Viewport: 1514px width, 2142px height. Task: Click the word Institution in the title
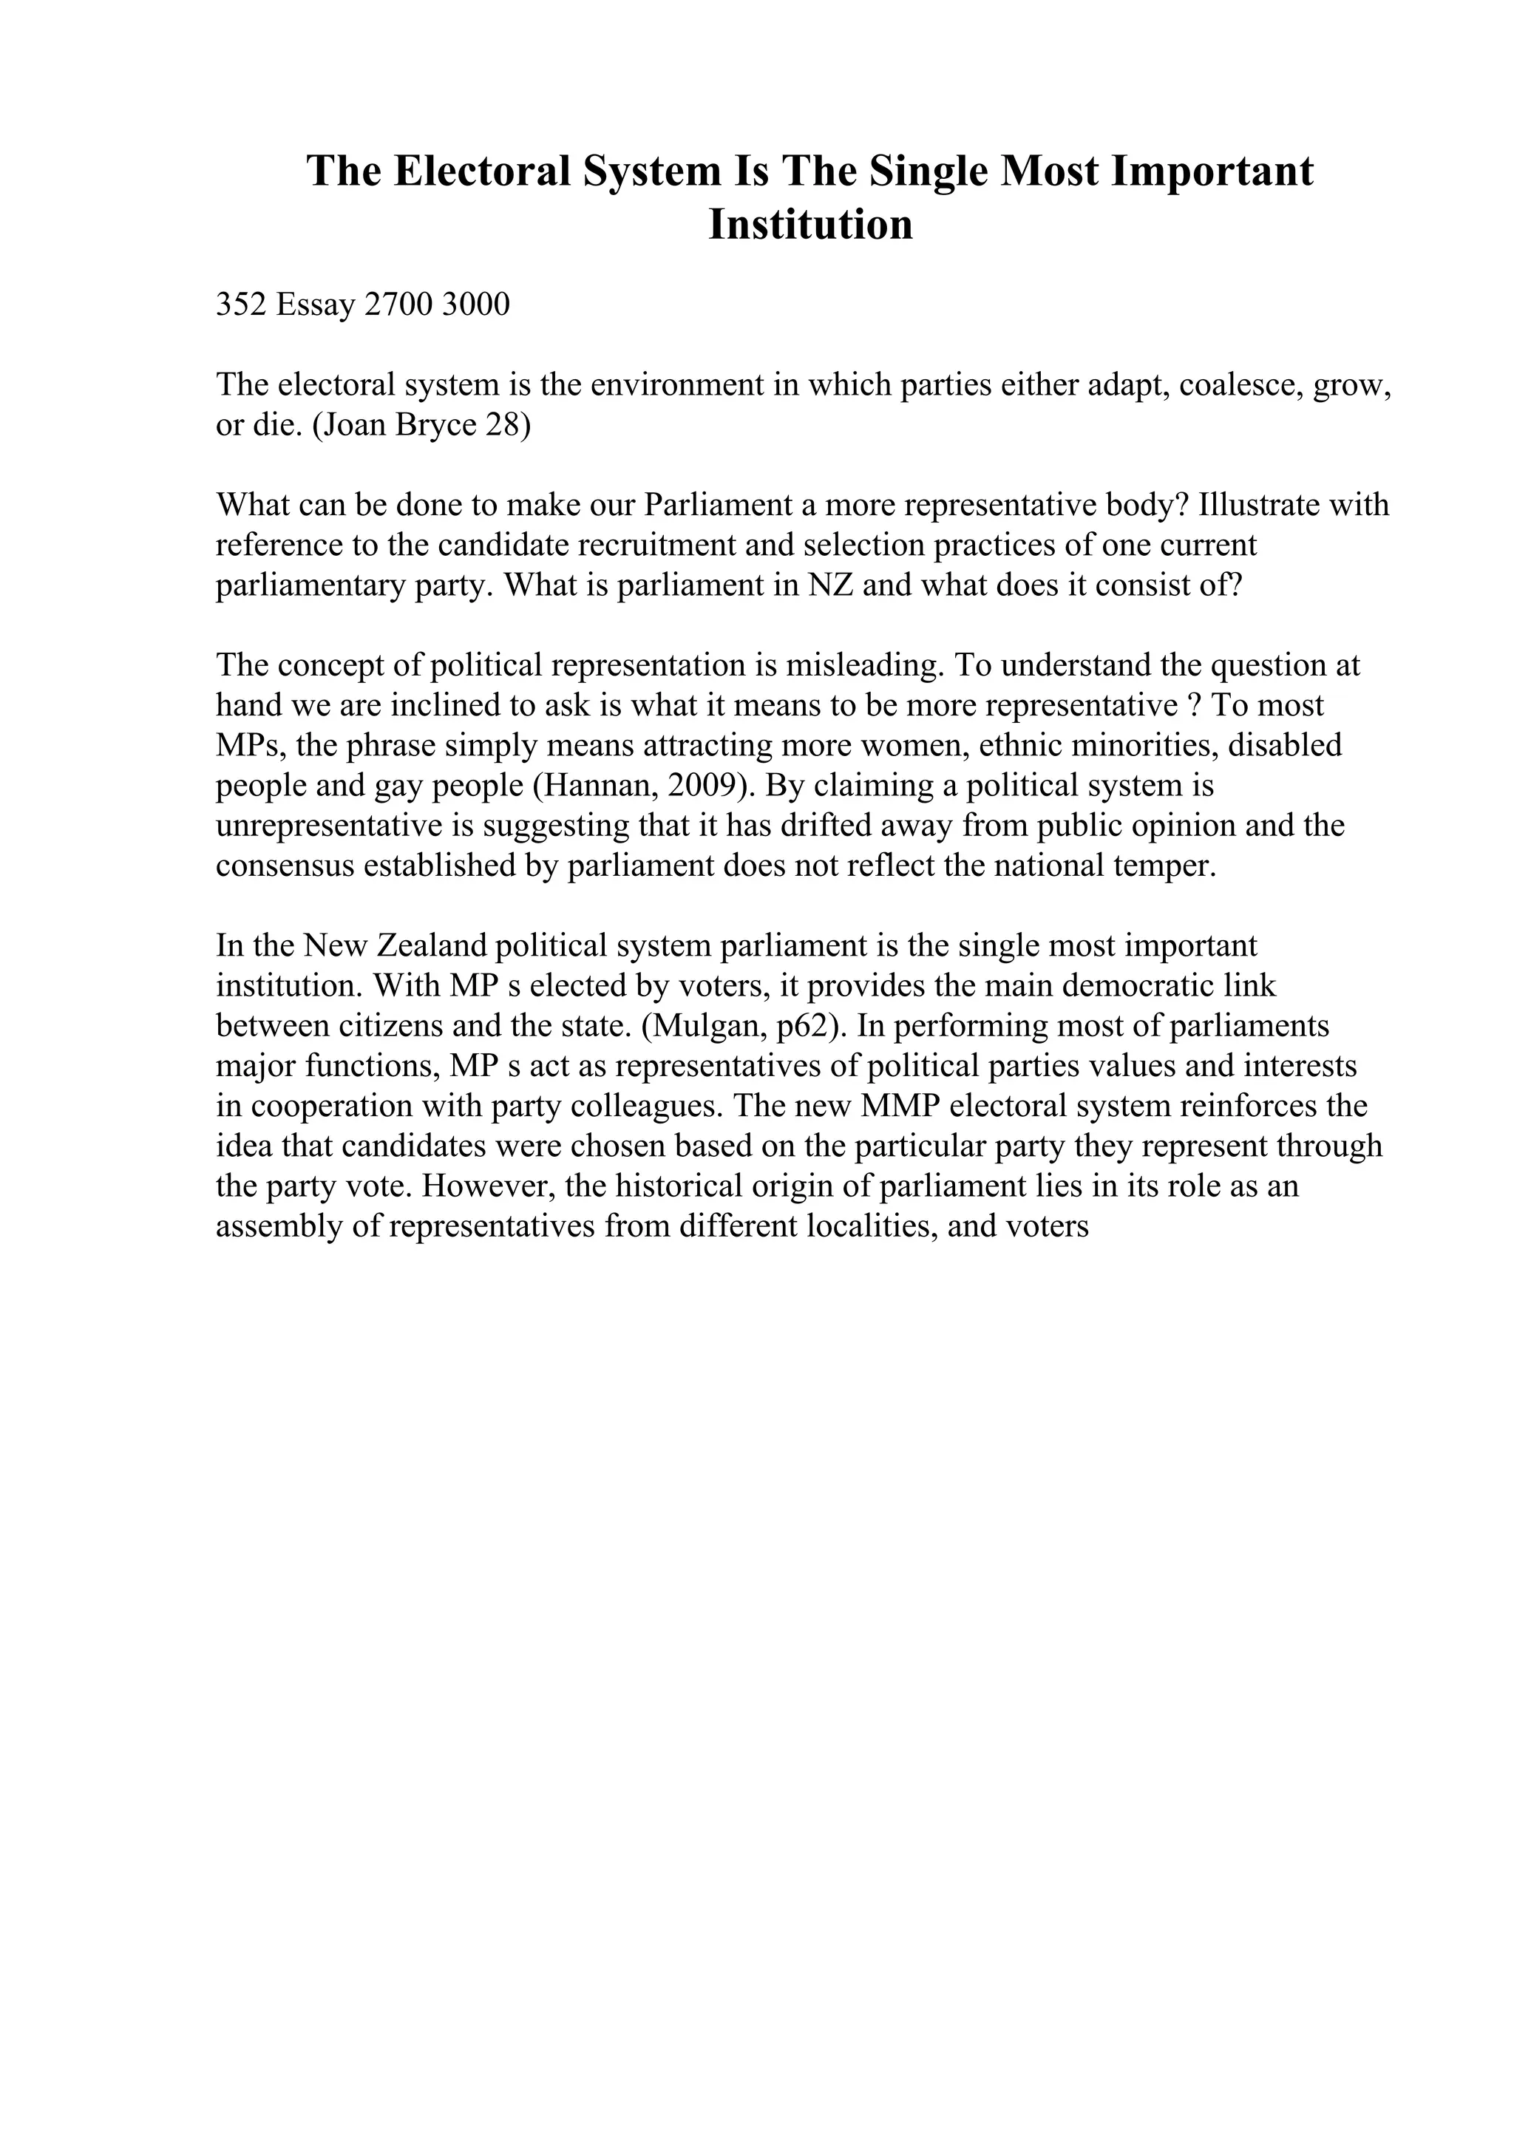[x=809, y=225]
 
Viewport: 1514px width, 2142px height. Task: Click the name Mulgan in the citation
[x=707, y=1026]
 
